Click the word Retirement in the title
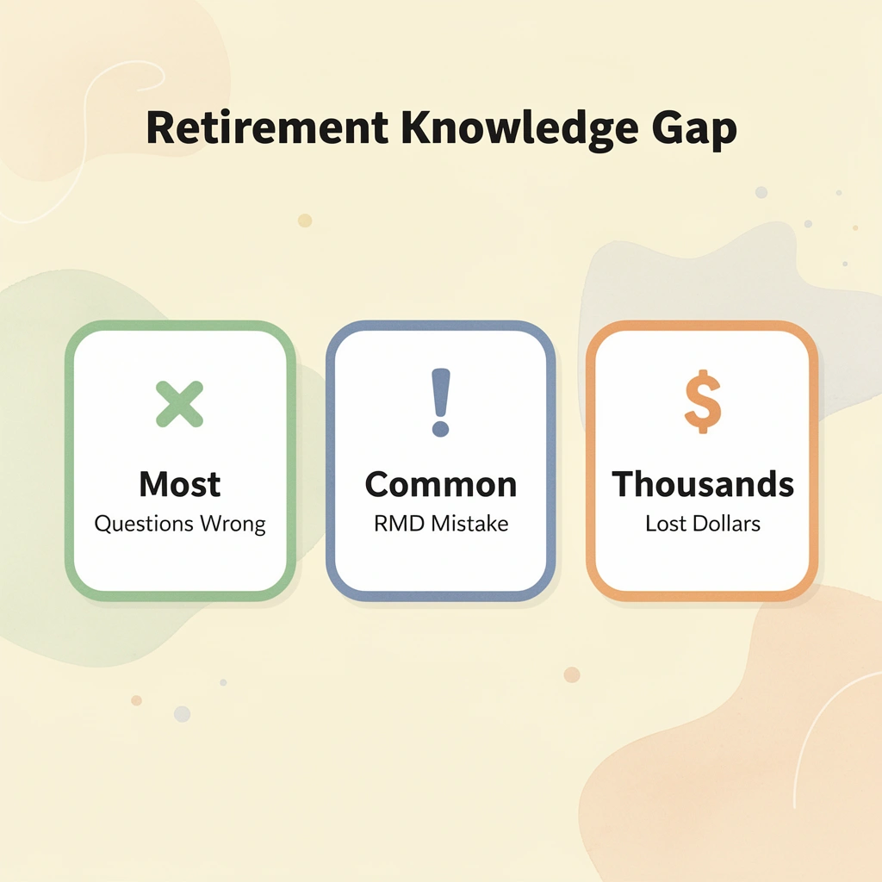pyautogui.click(x=267, y=128)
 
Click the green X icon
pyautogui.click(x=179, y=405)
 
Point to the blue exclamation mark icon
pyautogui.click(x=441, y=401)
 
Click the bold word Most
pyautogui.click(x=179, y=484)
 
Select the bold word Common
pyautogui.click(x=441, y=484)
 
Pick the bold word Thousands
pyautogui.click(x=702, y=484)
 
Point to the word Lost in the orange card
pyautogui.click(x=661, y=524)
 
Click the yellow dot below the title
pyautogui.click(x=304, y=220)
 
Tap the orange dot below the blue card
pyautogui.click(x=572, y=674)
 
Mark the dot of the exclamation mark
pyautogui.click(x=441, y=428)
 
